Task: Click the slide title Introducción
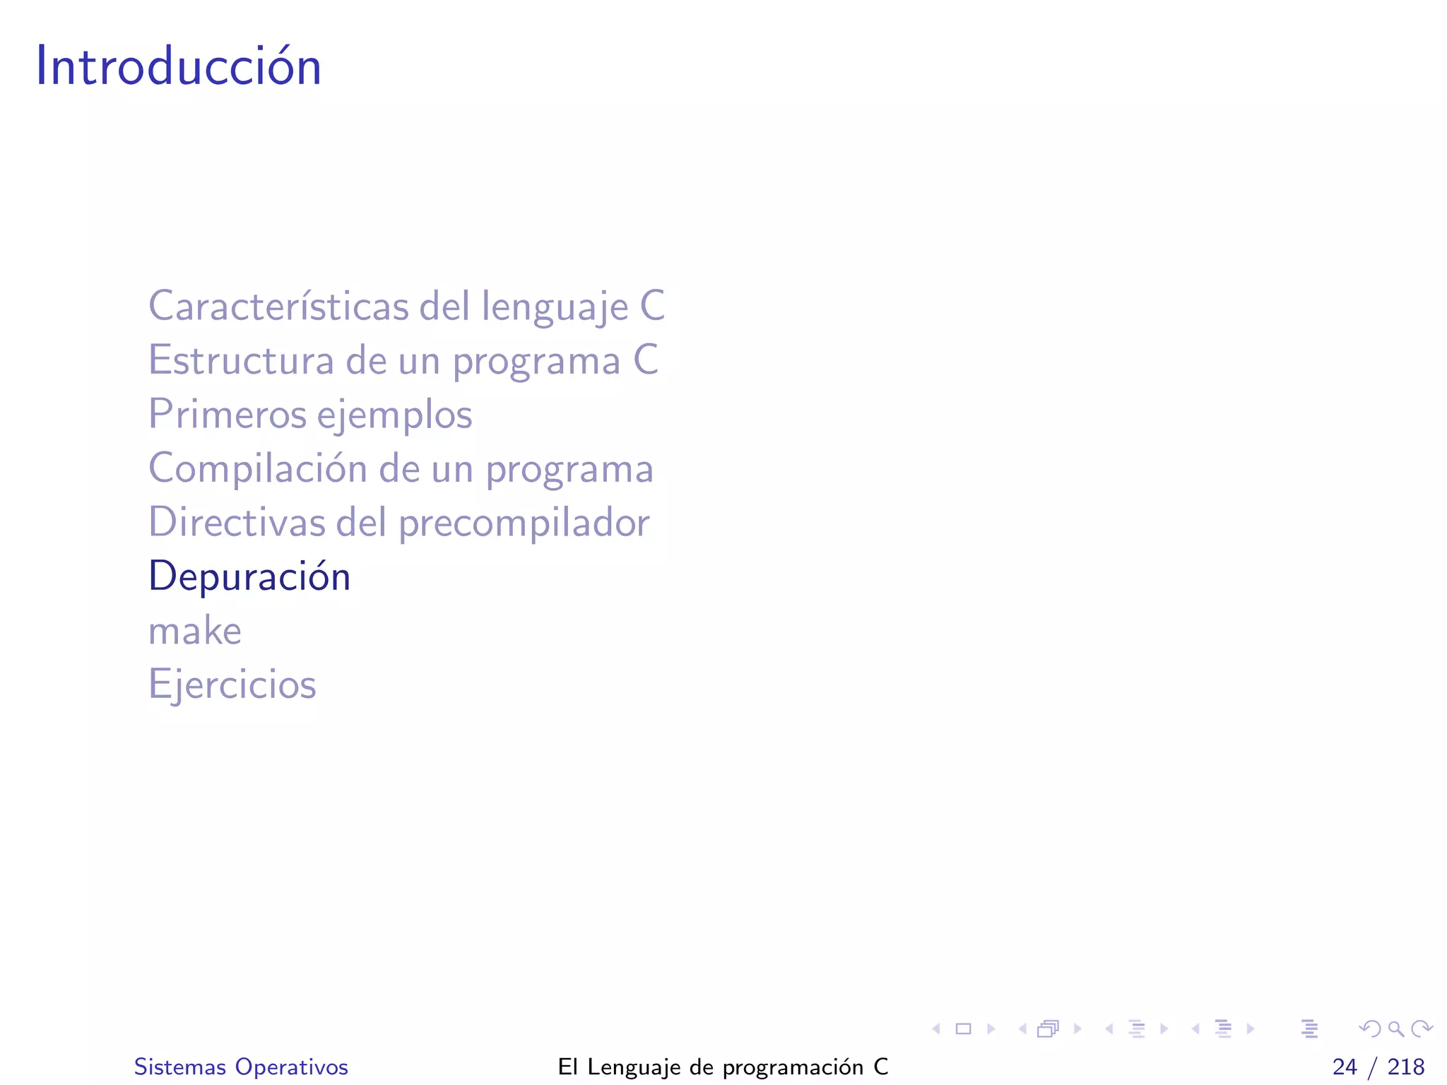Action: pyautogui.click(x=178, y=66)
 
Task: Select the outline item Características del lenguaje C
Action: pyautogui.click(x=406, y=307)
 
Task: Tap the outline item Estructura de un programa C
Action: pyautogui.click(x=403, y=360)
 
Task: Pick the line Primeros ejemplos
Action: pyautogui.click(x=310, y=414)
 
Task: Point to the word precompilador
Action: pyautogui.click(x=524, y=523)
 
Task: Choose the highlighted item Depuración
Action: pyautogui.click(x=249, y=576)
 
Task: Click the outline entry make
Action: pyautogui.click(x=195, y=631)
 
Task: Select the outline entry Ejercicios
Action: pyautogui.click(x=232, y=684)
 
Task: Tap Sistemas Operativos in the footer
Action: pyautogui.click(x=241, y=1067)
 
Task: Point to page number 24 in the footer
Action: pyautogui.click(x=1345, y=1067)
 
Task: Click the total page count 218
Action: pyautogui.click(x=1406, y=1067)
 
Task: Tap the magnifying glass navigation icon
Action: pyautogui.click(x=1395, y=1028)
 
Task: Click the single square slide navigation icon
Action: pyautogui.click(x=963, y=1028)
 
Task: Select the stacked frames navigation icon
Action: pyautogui.click(x=1048, y=1028)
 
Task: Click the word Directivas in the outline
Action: pyautogui.click(x=236, y=523)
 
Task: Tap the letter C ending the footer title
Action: pyautogui.click(x=880, y=1067)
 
